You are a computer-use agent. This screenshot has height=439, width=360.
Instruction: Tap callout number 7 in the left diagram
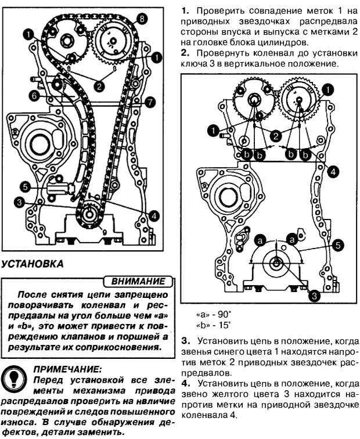tap(150, 102)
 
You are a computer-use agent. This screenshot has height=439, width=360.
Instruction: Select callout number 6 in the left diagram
tap(34, 95)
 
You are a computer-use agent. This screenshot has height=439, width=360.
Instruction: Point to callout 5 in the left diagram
tap(24, 186)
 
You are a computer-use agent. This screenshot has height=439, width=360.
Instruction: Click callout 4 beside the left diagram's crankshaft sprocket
tap(153, 215)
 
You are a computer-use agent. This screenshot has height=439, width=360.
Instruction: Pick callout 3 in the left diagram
tap(21, 202)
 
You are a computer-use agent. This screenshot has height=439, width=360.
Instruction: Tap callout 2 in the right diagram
tap(276, 135)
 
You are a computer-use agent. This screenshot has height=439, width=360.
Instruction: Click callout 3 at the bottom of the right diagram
tap(314, 295)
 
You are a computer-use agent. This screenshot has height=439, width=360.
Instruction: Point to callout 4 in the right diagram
tap(333, 171)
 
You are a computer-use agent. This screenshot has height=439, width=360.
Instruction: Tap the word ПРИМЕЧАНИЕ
tap(67, 368)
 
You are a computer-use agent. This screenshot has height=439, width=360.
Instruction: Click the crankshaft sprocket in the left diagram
tap(89, 218)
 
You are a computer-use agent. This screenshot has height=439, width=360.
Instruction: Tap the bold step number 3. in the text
tap(185, 340)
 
